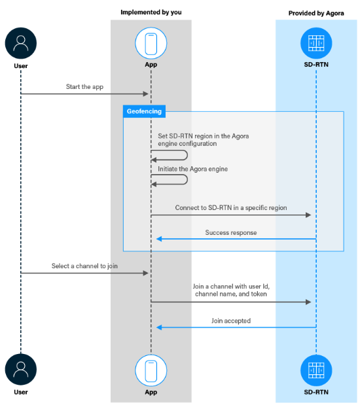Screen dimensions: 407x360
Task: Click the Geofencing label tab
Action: click(143, 112)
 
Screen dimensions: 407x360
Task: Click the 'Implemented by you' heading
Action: click(151, 13)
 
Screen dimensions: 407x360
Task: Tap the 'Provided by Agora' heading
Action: click(316, 13)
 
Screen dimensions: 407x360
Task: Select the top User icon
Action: click(20, 44)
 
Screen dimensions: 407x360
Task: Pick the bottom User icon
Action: click(20, 369)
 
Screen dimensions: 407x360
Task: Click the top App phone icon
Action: click(151, 43)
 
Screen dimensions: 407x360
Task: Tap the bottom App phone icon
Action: click(151, 369)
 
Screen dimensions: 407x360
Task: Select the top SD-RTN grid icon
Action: click(316, 43)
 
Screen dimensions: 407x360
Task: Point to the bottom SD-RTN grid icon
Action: click(316, 369)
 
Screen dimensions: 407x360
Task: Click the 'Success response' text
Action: click(230, 232)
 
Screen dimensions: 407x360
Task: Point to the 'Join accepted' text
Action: click(231, 321)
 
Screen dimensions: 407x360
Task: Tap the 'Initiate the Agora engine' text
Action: click(192, 169)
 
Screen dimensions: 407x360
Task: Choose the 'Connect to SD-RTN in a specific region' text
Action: click(230, 208)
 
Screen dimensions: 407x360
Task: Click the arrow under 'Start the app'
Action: click(85, 94)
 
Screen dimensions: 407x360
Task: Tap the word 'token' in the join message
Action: click(257, 294)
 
